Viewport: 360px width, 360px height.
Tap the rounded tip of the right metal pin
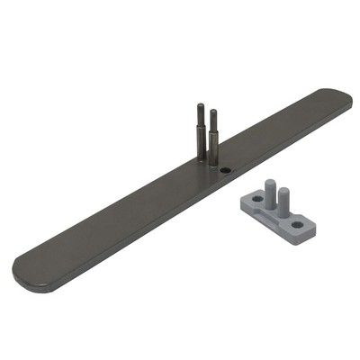[213, 111]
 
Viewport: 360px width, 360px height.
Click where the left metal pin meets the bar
[201, 159]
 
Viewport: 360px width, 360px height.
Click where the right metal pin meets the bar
[213, 163]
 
